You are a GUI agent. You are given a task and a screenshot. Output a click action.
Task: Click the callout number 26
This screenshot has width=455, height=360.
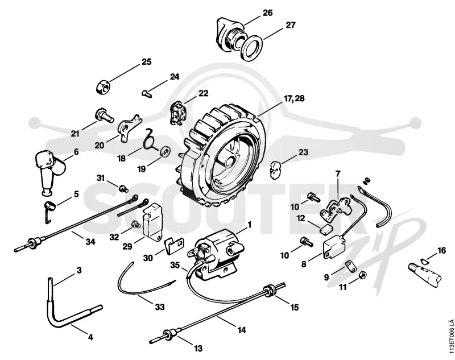click(268, 13)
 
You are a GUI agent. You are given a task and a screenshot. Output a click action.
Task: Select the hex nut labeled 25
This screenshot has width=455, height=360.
click(103, 87)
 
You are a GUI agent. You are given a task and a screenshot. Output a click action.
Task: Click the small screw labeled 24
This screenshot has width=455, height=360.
click(147, 93)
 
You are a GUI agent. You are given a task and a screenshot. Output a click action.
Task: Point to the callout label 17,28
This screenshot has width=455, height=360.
click(294, 98)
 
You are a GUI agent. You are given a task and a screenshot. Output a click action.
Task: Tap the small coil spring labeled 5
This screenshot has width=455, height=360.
click(49, 210)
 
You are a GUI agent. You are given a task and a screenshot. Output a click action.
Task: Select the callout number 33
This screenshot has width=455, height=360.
click(160, 307)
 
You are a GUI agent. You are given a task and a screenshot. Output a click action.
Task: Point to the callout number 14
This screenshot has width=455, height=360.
click(242, 330)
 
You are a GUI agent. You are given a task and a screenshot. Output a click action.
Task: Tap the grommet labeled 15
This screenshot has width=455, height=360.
click(269, 291)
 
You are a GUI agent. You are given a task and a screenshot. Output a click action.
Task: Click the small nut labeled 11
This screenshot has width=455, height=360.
click(363, 275)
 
